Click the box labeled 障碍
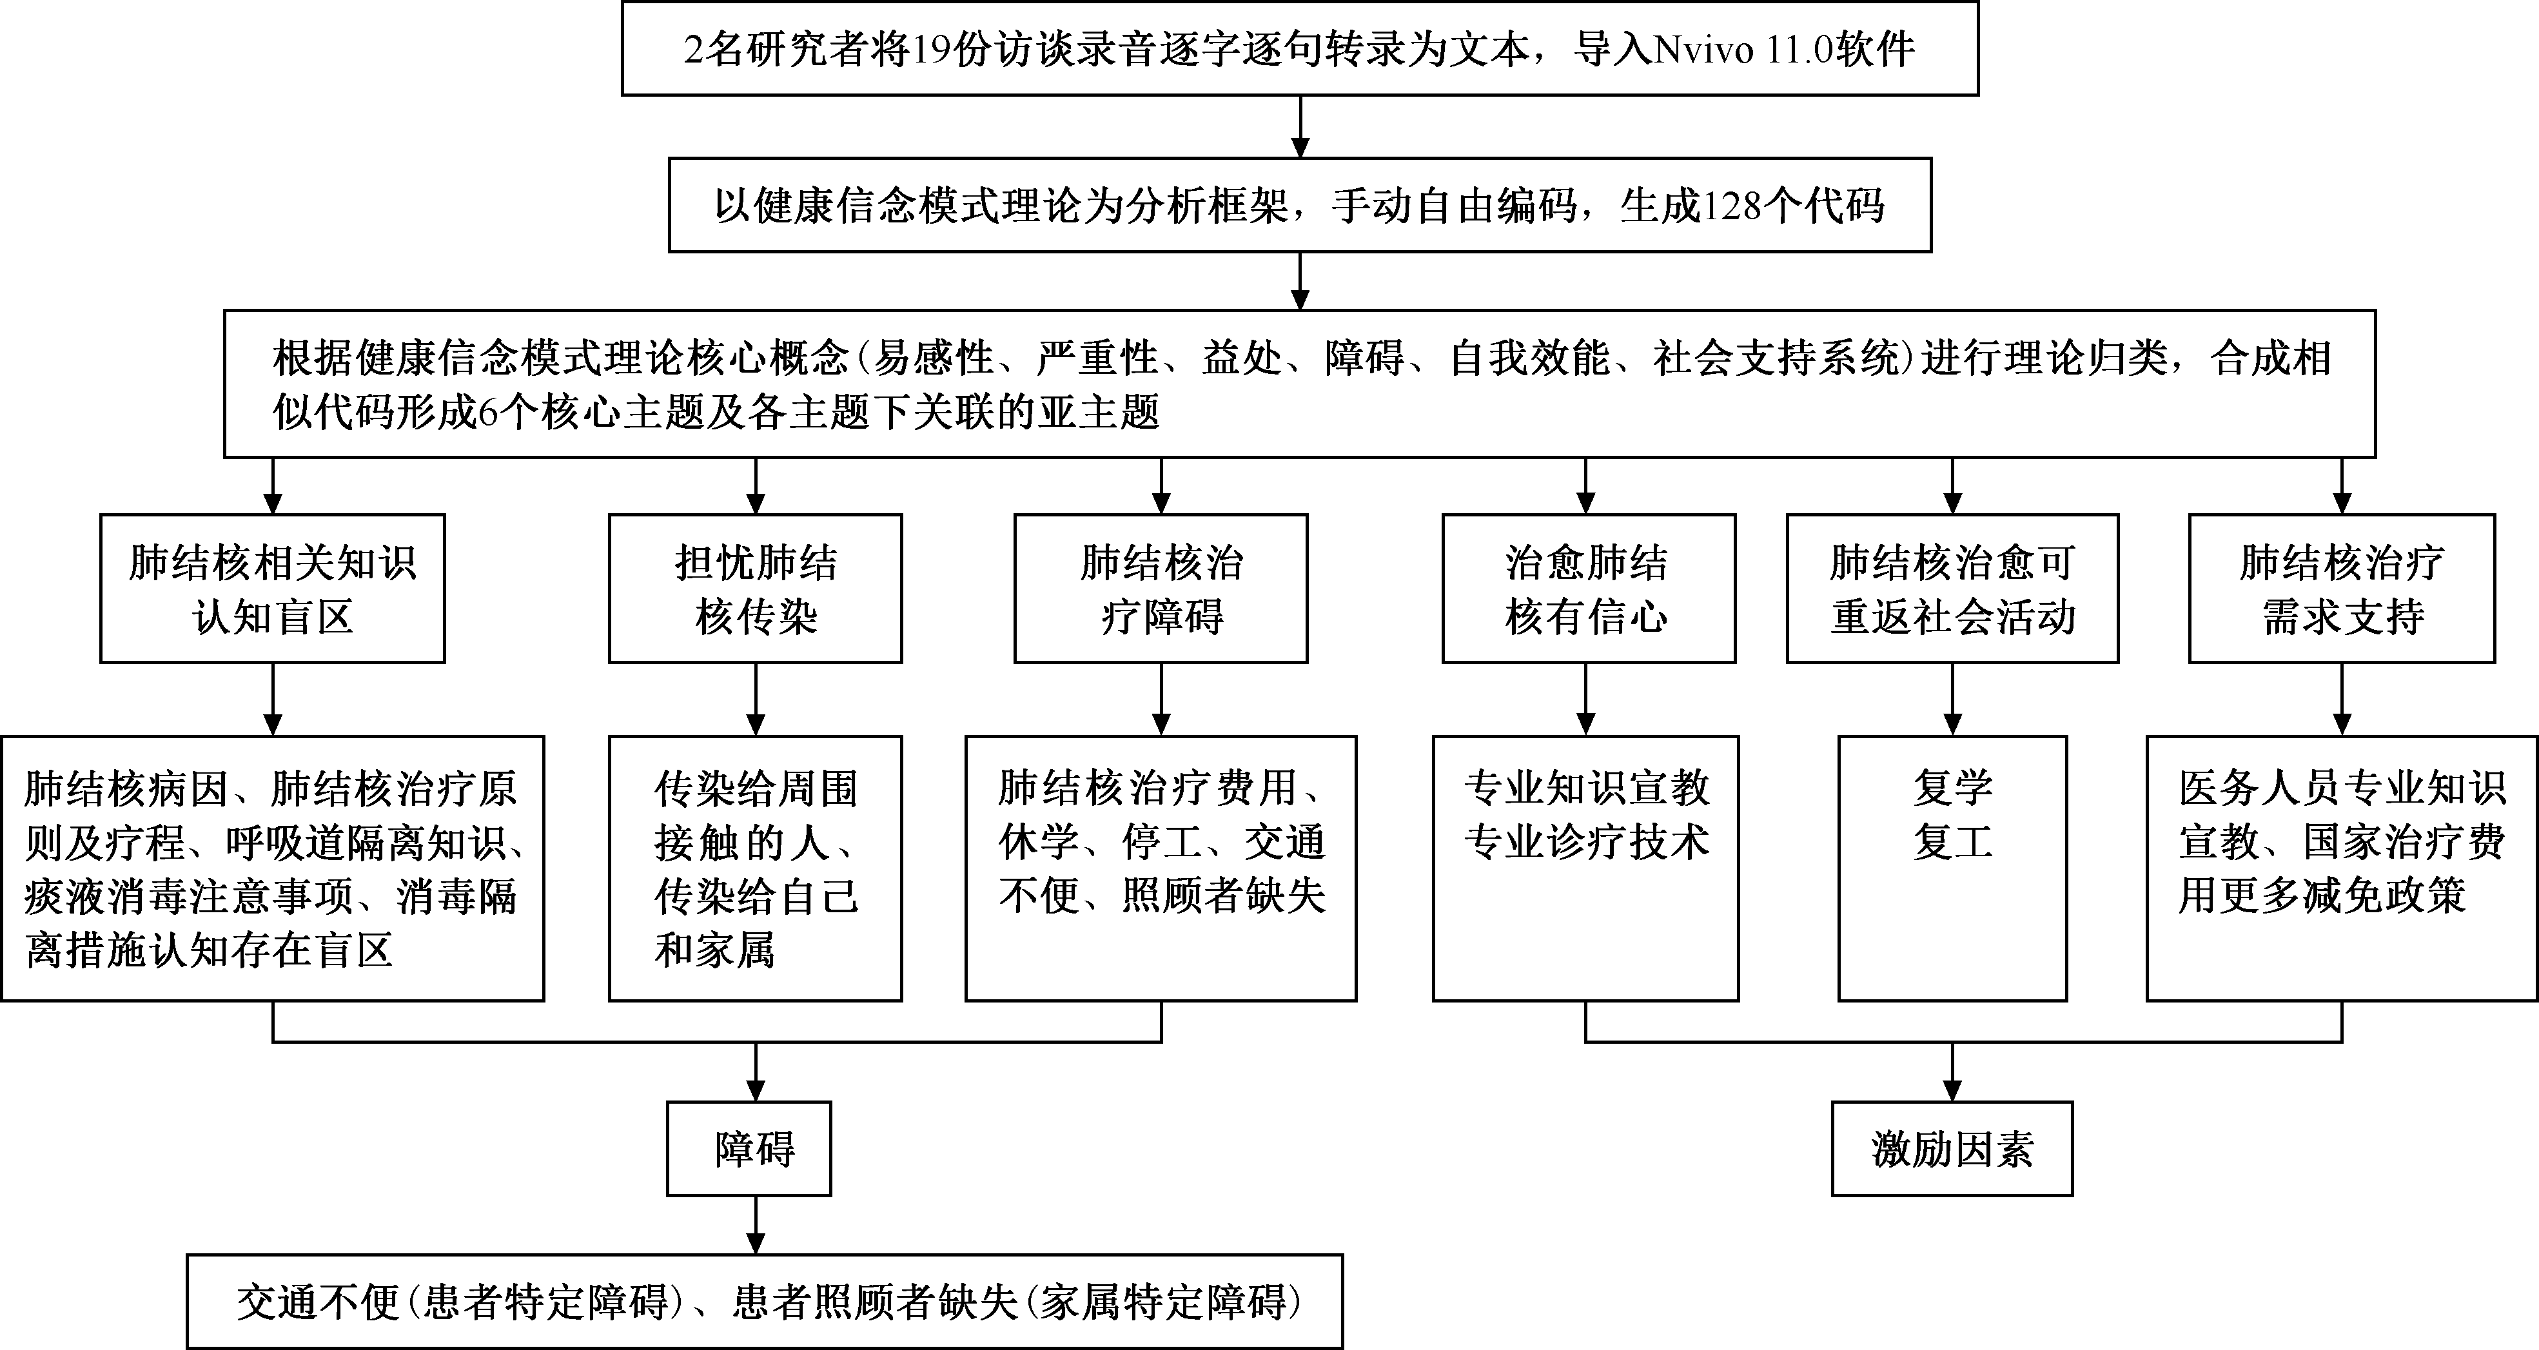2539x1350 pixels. [x=749, y=1149]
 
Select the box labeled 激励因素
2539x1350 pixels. [x=1952, y=1149]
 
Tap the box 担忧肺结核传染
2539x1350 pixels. [x=755, y=588]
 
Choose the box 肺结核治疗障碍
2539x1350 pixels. [x=1161, y=588]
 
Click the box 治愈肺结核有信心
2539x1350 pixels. [x=1588, y=588]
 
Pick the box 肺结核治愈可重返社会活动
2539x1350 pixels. [x=1952, y=588]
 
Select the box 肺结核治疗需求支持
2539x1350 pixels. [x=2342, y=588]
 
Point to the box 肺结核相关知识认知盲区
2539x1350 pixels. [x=272, y=588]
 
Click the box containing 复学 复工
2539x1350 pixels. [x=1952, y=867]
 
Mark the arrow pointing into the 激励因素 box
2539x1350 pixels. [x=1952, y=1072]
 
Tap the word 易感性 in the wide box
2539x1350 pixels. [x=934, y=358]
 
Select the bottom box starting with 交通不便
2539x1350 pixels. [x=765, y=1302]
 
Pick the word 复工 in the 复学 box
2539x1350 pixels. [x=1952, y=843]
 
